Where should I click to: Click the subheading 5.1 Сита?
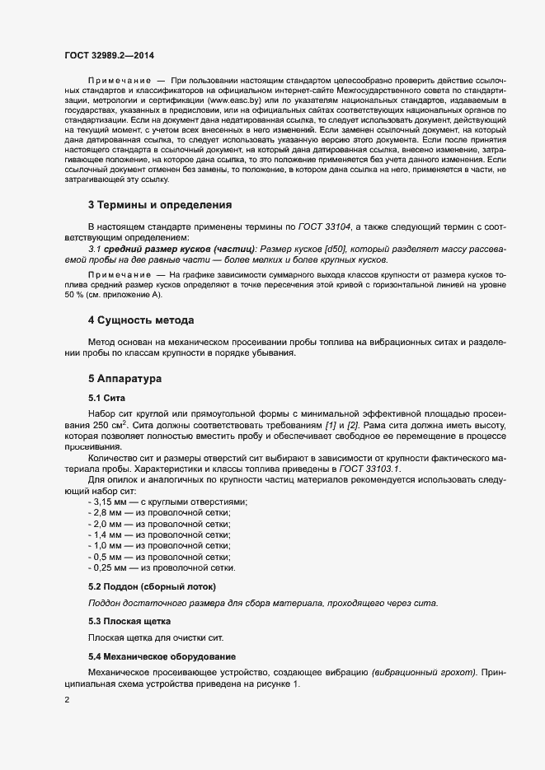tap(106, 398)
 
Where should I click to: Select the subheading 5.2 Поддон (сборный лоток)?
tap(152, 586)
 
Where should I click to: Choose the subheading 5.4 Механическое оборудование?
tap(162, 656)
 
